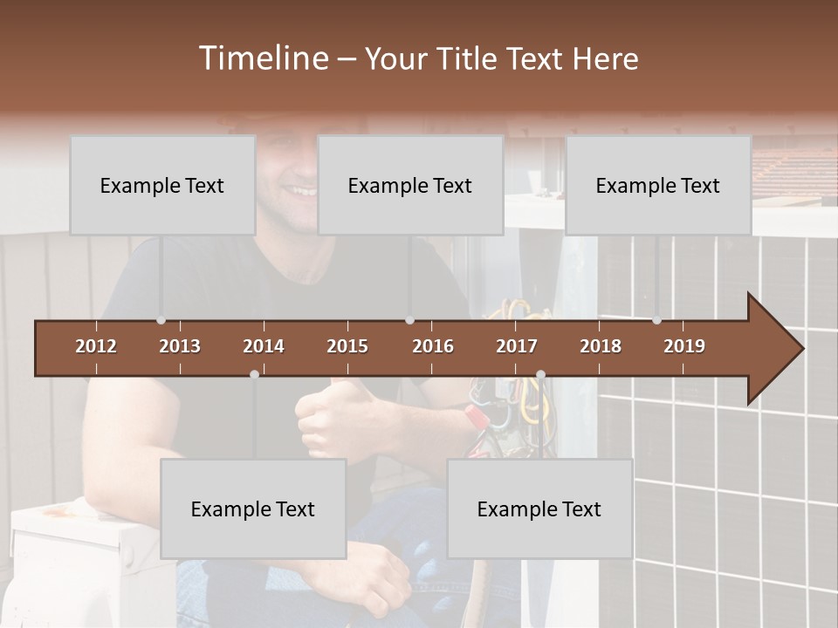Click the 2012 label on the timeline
tap(96, 346)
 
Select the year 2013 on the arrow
tap(180, 346)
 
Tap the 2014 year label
tap(264, 346)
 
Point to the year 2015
tap(347, 346)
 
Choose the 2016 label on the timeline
tap(433, 346)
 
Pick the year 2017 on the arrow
tap(517, 346)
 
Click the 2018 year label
tap(601, 346)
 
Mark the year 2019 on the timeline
tap(684, 346)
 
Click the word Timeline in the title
tap(263, 58)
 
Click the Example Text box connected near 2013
tap(162, 185)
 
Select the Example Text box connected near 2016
tap(410, 185)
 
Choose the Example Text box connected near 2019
tap(658, 185)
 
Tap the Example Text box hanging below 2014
tap(253, 509)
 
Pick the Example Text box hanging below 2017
tap(539, 509)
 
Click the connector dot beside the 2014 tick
tap(254, 374)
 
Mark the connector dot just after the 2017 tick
tap(540, 374)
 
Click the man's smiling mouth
tap(302, 190)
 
